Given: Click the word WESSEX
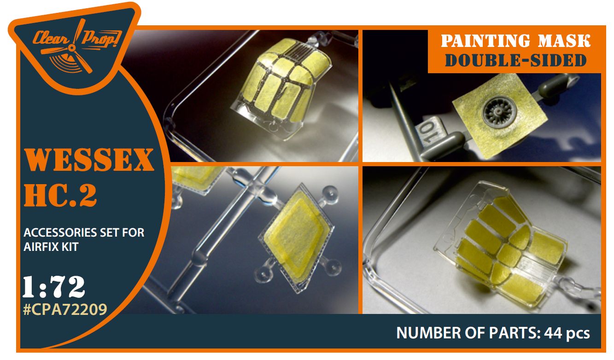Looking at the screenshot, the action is (89, 160).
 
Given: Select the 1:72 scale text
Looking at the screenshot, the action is (54, 287).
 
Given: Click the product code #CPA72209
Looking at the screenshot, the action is (65, 309).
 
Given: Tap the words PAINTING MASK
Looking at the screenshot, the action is (515, 41).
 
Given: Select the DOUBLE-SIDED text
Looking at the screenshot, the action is (515, 61).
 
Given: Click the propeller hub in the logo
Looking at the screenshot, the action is (72, 48).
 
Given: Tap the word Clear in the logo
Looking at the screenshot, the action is (51, 38).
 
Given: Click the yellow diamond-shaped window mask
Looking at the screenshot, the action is (297, 237).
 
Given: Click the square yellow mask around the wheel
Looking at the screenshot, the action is (500, 116).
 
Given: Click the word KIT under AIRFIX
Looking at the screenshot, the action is (70, 247).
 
